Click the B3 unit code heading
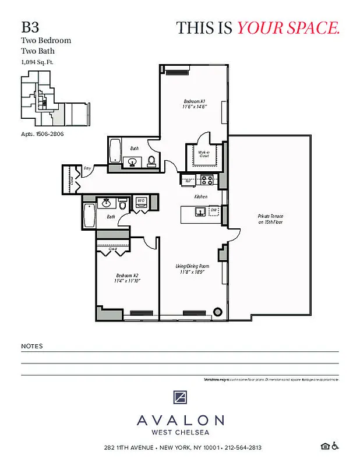point(30,27)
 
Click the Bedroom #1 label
point(195,104)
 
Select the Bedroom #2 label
point(128,277)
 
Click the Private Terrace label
point(270,219)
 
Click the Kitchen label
point(201,197)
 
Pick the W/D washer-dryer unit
point(140,202)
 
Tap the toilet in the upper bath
point(151,161)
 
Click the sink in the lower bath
point(107,203)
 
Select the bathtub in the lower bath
point(89,216)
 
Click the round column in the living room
point(218,311)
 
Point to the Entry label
point(87,168)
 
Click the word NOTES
point(31,346)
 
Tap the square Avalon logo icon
point(180,398)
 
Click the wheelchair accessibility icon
point(335,447)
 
